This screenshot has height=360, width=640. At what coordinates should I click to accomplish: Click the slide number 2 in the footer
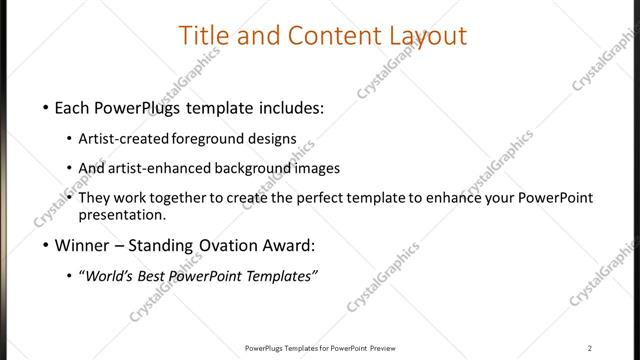(x=589, y=347)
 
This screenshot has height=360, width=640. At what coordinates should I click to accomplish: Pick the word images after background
(x=318, y=168)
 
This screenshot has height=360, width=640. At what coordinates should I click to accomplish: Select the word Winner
(x=83, y=244)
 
